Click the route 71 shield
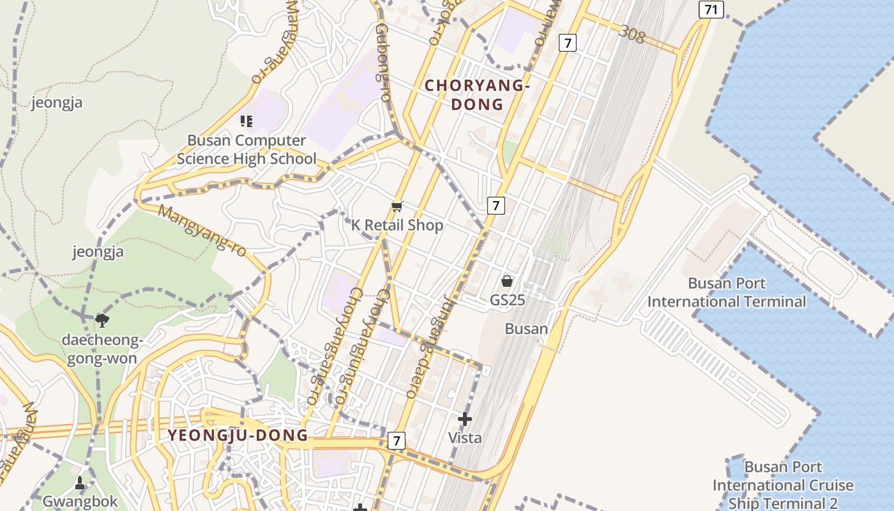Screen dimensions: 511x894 (711, 10)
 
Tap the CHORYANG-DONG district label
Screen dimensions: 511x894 (478, 95)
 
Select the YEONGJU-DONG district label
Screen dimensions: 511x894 (238, 436)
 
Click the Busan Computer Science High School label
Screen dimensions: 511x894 (246, 149)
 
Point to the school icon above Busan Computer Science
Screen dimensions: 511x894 (246, 121)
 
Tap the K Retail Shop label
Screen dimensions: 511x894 (397, 225)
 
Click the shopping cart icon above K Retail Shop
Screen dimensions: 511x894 (397, 206)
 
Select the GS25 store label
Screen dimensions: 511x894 (507, 299)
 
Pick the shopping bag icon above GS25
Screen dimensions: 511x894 (507, 280)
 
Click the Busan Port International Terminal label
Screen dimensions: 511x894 (727, 292)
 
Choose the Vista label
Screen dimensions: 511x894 (464, 438)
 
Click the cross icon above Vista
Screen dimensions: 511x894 (464, 420)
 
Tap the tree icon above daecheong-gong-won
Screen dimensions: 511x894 (101, 319)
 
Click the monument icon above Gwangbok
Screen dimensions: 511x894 (80, 482)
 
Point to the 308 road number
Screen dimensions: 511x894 (632, 34)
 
